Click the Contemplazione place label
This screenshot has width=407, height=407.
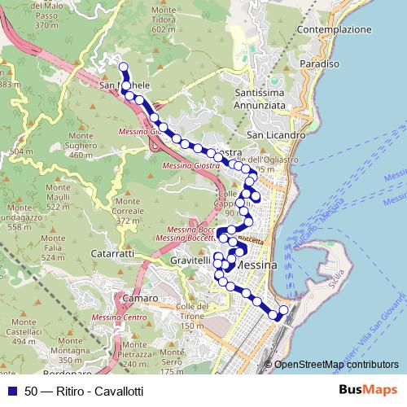click(x=334, y=29)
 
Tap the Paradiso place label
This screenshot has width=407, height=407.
click(x=318, y=63)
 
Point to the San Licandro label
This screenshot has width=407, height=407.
click(x=275, y=134)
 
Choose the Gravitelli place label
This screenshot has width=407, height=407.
click(x=191, y=260)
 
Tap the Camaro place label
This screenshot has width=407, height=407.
click(x=119, y=299)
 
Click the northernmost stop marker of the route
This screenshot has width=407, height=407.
click(x=124, y=68)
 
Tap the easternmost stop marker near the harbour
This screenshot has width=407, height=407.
click(x=284, y=309)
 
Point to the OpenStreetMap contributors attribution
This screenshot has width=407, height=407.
click(x=336, y=365)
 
